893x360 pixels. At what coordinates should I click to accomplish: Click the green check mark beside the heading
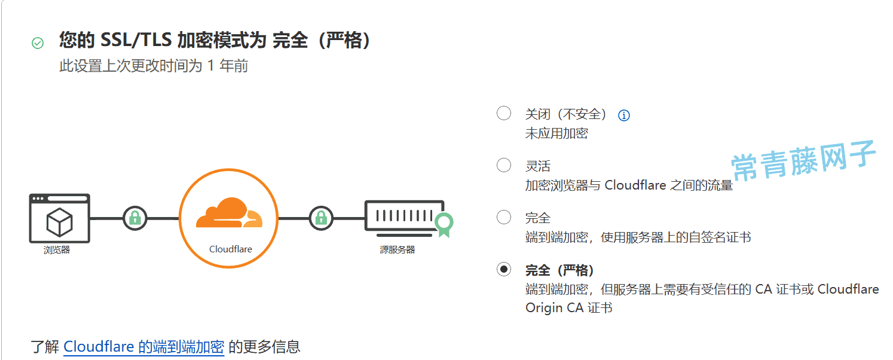pos(38,42)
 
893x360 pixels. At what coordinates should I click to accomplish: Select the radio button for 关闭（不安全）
pos(503,113)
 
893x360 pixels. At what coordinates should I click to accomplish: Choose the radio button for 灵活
pos(503,165)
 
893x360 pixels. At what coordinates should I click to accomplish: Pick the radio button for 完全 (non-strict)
pos(503,217)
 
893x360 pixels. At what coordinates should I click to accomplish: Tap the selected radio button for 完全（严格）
pos(503,270)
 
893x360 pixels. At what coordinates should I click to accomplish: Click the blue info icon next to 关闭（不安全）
pos(624,115)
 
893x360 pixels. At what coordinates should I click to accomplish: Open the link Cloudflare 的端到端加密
pos(144,347)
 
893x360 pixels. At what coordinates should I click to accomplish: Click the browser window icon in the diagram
pos(59,218)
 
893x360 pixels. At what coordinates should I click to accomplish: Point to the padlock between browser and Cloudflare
pos(135,218)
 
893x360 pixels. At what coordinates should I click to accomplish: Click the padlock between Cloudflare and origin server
pos(322,218)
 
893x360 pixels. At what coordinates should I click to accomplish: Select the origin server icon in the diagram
pos(405,218)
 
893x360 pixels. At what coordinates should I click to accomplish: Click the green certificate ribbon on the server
pos(444,225)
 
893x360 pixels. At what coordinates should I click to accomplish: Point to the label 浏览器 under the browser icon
pos(57,250)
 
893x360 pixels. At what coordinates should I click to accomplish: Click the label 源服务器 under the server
pos(397,250)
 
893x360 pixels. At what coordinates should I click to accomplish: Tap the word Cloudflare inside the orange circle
pos(231,249)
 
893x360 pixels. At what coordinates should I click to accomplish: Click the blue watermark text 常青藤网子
pos(803,160)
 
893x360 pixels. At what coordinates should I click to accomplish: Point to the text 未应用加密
pos(556,133)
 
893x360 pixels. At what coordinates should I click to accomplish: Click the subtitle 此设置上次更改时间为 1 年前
pos(154,66)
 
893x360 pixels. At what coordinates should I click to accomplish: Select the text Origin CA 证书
pos(569,308)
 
